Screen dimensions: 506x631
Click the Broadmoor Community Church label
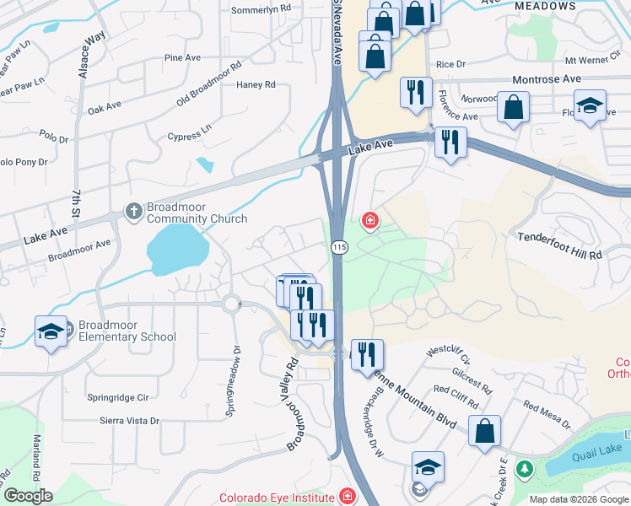pyautogui.click(x=197, y=212)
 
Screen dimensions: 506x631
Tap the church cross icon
pyautogui.click(x=133, y=212)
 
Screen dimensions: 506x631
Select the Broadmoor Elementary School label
pyautogui.click(x=127, y=331)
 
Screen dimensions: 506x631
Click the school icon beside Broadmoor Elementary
pyautogui.click(x=51, y=331)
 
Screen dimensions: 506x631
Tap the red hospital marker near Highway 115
pyautogui.click(x=369, y=221)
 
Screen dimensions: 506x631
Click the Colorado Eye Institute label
pyautogui.click(x=278, y=497)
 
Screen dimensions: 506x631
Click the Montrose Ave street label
pyautogui.click(x=547, y=78)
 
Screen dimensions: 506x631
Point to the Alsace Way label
pyautogui.click(x=91, y=56)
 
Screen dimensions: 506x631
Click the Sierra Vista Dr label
pyautogui.click(x=129, y=420)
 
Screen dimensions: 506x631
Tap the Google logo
pyautogui.click(x=28, y=496)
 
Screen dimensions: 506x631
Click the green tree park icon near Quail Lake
pyautogui.click(x=525, y=467)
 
